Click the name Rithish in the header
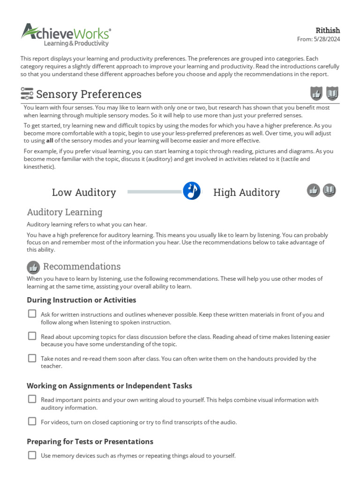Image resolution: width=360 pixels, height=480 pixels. point(328,30)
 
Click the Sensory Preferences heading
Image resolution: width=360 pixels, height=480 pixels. point(89,94)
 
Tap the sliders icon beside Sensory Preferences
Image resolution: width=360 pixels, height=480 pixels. point(27,94)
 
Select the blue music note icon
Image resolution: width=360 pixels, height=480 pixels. point(192,191)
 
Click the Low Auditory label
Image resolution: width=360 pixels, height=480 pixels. point(84,192)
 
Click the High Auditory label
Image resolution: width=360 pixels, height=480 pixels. point(246,192)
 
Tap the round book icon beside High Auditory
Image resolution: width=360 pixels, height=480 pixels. point(330,190)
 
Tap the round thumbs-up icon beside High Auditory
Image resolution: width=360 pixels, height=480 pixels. point(314,190)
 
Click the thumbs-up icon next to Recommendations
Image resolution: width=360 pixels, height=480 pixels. point(33,267)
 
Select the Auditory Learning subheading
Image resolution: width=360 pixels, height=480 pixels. point(64,212)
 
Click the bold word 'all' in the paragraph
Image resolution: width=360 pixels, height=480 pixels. point(50,141)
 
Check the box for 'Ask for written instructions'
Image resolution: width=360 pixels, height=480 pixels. point(32,314)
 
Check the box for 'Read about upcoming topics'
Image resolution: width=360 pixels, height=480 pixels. point(32,336)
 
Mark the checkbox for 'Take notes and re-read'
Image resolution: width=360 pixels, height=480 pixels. point(32,358)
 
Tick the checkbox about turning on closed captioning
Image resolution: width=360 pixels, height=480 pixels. point(32,421)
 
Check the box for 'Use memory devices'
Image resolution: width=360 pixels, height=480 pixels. point(32,455)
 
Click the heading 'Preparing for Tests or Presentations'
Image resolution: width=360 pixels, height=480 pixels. point(90,442)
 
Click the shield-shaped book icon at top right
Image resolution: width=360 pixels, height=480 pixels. point(332,94)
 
